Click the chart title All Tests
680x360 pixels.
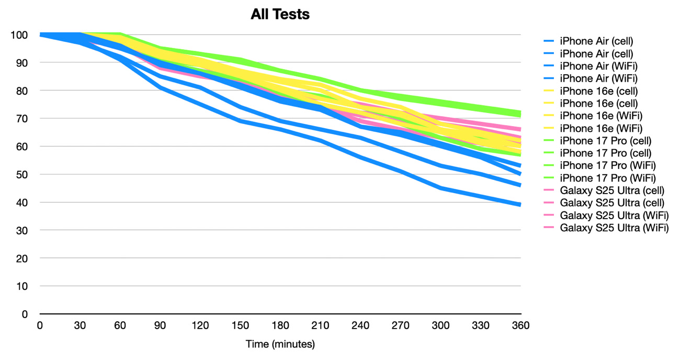click(280, 15)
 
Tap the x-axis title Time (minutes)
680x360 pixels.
click(280, 344)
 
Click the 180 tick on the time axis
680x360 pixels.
click(280, 325)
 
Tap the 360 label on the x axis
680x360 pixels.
click(521, 325)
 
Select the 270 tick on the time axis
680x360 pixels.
click(401, 325)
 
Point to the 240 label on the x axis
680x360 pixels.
click(360, 325)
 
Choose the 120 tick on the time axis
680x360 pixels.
click(200, 325)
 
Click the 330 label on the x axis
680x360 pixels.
click(481, 325)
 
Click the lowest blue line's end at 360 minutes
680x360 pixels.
click(520, 205)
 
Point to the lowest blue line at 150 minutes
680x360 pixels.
click(240, 121)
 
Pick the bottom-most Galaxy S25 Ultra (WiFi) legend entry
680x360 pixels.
click(607, 228)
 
